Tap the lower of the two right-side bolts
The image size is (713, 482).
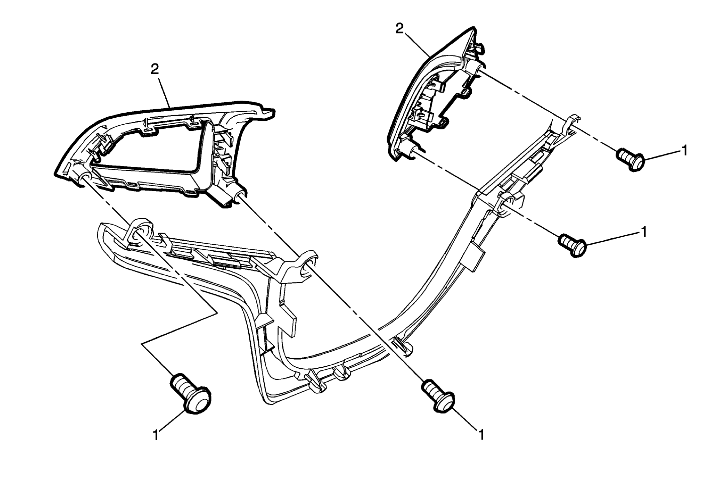pyautogui.click(x=572, y=245)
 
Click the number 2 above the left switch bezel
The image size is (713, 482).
pyautogui.click(x=155, y=70)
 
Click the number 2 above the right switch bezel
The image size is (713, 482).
pyautogui.click(x=399, y=29)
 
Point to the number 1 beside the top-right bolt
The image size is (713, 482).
pyautogui.click(x=685, y=150)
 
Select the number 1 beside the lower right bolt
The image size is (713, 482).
pyautogui.click(x=643, y=232)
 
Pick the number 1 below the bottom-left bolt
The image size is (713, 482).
pyautogui.click(x=156, y=435)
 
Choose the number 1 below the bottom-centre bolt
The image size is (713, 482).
pyautogui.click(x=481, y=435)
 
